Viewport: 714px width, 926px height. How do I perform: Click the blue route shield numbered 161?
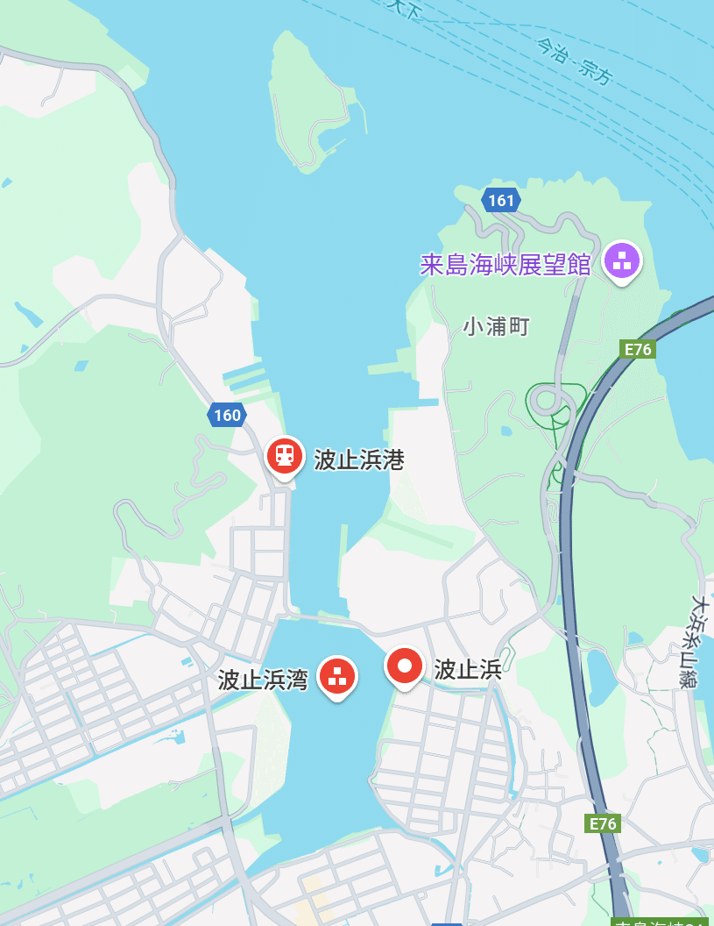coord(501,201)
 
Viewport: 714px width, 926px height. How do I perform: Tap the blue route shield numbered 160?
coord(227,415)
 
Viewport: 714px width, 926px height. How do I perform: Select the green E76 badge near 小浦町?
coord(637,349)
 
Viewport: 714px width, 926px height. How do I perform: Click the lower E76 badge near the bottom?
coord(603,823)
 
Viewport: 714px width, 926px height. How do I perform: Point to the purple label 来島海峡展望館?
coord(505,264)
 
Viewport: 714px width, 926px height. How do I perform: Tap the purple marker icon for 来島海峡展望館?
coord(622,260)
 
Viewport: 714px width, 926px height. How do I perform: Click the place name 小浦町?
coord(497,327)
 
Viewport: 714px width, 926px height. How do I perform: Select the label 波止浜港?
coord(359,459)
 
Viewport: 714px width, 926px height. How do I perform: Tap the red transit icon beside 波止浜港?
coord(285,455)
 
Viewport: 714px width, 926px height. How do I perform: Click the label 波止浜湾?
coord(263,680)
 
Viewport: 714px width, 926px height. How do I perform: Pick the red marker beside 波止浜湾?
coord(337,676)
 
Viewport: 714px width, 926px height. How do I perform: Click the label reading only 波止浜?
coord(468,670)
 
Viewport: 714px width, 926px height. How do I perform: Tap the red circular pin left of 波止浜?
coord(405,666)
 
